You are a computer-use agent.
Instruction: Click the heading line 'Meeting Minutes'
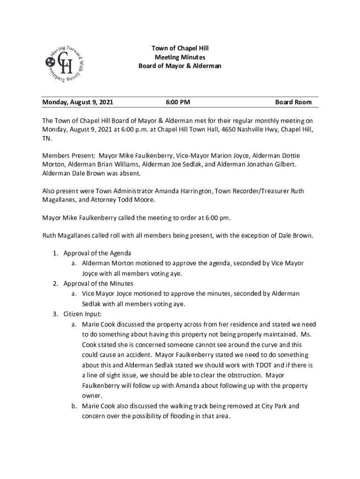pos(180,57)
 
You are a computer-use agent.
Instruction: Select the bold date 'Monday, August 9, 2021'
pos(78,102)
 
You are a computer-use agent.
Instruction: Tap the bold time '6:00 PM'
pos(178,102)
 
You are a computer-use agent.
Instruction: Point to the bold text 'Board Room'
pos(293,102)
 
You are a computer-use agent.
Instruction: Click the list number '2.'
pos(55,283)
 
